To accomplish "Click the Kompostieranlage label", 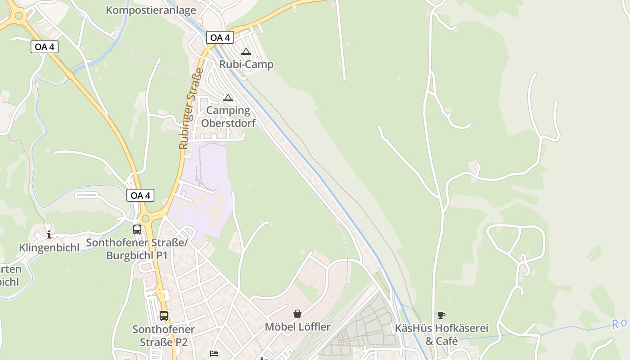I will click(x=151, y=10).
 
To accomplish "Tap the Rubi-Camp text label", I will click(x=246, y=64).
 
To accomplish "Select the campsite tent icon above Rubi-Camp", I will click(x=246, y=52).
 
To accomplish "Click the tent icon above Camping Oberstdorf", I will click(x=228, y=98).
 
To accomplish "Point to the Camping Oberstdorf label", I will click(x=228, y=117).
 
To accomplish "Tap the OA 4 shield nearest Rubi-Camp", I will click(x=220, y=37).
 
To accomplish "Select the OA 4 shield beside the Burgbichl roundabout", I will click(x=140, y=195).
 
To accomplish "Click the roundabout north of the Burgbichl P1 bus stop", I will click(x=145, y=218).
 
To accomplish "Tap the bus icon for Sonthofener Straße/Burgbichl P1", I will click(x=137, y=229).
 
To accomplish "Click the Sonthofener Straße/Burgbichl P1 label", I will click(x=136, y=249).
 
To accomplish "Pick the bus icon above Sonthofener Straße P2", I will click(x=164, y=316).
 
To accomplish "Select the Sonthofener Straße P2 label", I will click(x=163, y=335).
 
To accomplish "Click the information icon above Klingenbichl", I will click(x=49, y=234).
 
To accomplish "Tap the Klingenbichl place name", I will click(x=49, y=247).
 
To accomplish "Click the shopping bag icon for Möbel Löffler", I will click(x=297, y=314).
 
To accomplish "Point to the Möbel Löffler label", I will click(x=297, y=327).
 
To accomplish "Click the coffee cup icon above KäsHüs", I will click(x=441, y=315).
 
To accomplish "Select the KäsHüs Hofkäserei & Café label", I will click(x=441, y=334).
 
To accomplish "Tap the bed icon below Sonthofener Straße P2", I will click(x=214, y=354).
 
